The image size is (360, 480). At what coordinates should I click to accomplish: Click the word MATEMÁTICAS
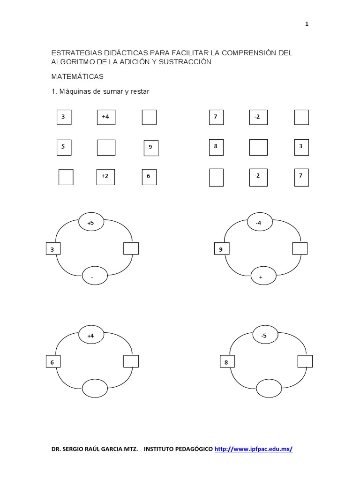[77, 76]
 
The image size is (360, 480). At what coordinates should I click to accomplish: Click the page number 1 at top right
[307, 24]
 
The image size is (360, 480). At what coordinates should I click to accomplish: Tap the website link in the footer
[254, 449]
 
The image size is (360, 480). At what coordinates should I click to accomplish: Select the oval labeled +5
[90, 223]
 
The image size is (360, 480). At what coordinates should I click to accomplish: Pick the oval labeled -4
[258, 223]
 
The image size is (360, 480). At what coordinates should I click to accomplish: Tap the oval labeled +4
[90, 336]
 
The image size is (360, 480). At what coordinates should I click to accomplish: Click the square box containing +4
[106, 117]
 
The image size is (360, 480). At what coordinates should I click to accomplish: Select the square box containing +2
[105, 176]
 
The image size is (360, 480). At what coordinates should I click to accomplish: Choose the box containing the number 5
[64, 147]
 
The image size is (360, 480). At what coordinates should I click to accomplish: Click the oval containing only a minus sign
[92, 277]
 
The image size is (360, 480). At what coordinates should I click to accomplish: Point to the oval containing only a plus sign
[261, 277]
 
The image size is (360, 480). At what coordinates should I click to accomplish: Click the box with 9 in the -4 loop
[221, 249]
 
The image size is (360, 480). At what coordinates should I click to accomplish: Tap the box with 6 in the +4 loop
[53, 362]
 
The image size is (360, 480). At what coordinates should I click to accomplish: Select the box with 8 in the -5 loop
[227, 362]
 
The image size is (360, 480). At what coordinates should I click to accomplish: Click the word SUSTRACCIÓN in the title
[187, 62]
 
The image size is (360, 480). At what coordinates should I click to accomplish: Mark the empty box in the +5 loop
[131, 248]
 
